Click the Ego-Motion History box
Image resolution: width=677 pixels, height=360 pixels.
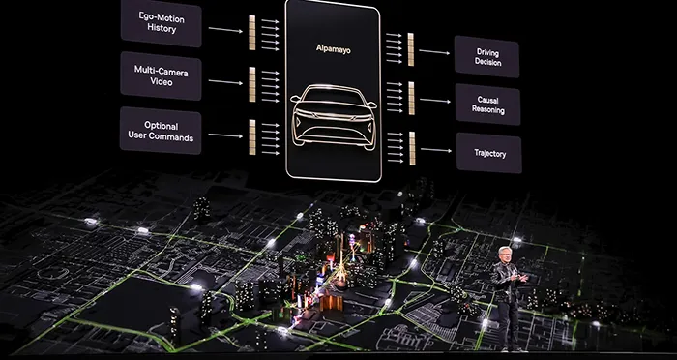161,22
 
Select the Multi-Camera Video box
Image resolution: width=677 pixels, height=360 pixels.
161,75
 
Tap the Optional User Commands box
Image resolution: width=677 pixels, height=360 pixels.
161,131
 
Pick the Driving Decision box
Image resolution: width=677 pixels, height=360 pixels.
486,56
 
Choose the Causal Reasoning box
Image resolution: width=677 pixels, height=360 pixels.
486,105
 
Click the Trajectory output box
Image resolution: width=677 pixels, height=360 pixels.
486,153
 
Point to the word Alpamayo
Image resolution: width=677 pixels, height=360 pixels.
332,45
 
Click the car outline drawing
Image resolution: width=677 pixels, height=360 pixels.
334,114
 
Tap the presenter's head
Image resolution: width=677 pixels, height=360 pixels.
509,251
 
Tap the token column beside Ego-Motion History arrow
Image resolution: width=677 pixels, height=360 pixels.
253,32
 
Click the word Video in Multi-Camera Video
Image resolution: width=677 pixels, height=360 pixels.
161,82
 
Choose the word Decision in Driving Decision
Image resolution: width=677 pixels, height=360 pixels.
487,63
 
